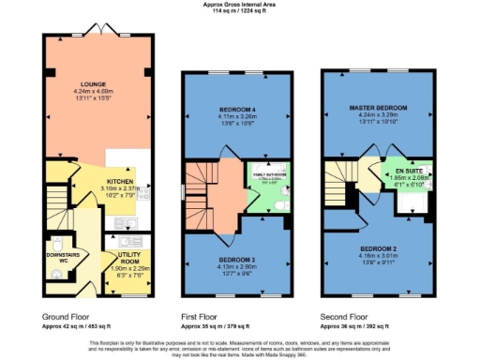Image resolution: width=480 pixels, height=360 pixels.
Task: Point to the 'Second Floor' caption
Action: pos(343,317)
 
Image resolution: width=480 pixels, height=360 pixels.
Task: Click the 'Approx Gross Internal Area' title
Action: pos(240,5)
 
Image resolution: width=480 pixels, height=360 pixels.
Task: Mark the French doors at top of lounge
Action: pos(99,35)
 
